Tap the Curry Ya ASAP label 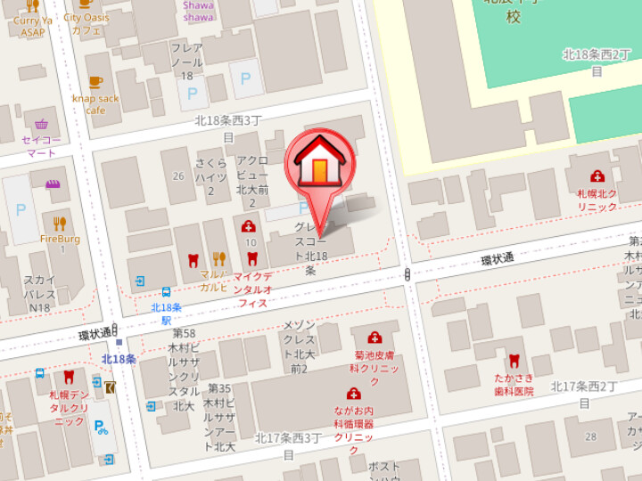pos(33,26)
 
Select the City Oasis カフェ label pos(86,23)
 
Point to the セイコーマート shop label pos(41,146)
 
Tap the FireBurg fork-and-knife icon pos(60,223)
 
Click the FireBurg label pos(60,239)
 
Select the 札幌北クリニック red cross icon pos(597,176)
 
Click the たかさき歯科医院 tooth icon pos(513,361)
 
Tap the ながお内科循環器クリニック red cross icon pos(353,393)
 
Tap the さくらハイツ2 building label pos(211,176)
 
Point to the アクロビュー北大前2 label pos(252,182)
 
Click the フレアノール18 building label pos(186,61)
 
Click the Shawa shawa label pos(198,11)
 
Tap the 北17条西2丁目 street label pos(584,393)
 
